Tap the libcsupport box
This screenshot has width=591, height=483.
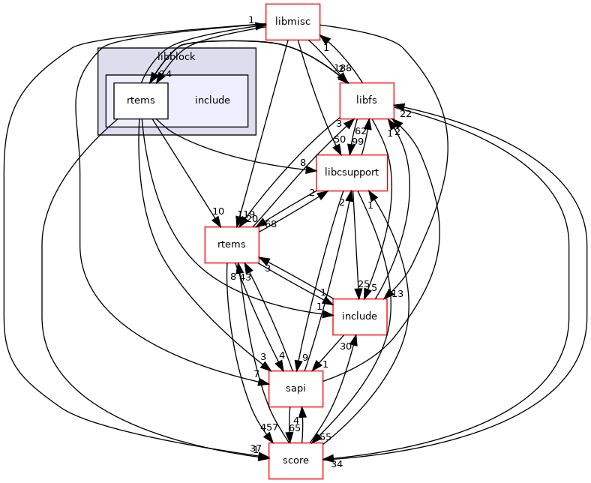(352, 172)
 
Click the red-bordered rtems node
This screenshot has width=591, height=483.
(232, 244)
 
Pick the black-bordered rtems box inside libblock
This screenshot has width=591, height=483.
(140, 100)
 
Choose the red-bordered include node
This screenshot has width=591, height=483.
(359, 316)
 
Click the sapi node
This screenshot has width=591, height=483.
(295, 388)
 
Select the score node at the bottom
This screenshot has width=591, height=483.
(295, 460)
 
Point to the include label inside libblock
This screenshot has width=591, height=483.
(212, 100)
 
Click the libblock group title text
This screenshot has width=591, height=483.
(177, 57)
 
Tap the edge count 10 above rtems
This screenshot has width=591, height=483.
(218, 211)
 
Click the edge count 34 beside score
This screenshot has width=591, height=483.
(337, 464)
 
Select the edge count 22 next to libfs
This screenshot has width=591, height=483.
(406, 114)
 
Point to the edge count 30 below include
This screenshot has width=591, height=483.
(346, 346)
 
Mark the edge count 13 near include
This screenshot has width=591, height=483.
(397, 294)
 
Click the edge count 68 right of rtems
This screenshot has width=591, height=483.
(271, 225)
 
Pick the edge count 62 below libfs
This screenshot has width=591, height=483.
(361, 131)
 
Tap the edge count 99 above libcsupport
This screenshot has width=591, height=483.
(358, 142)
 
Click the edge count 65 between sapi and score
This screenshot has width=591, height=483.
(295, 428)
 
